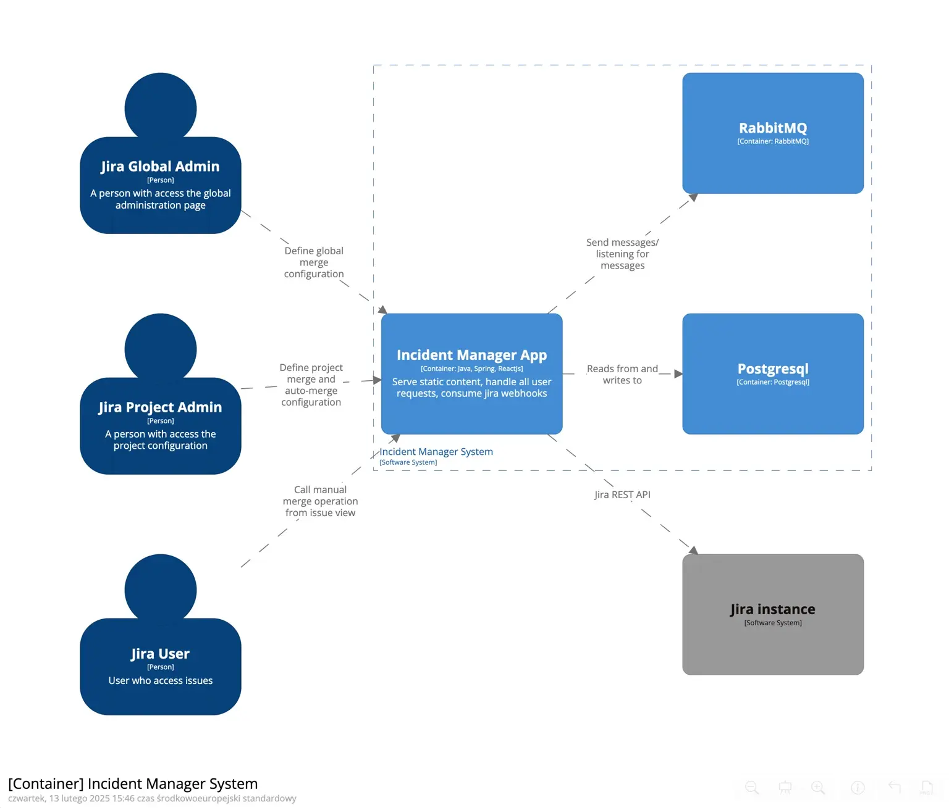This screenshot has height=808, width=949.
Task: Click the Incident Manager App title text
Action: click(x=471, y=355)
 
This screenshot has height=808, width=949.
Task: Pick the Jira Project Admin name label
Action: click(x=160, y=407)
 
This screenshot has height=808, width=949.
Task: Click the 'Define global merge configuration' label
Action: click(x=314, y=262)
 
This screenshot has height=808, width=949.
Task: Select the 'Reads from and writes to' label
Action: click(x=622, y=374)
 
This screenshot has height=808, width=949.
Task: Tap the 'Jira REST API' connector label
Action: click(x=622, y=494)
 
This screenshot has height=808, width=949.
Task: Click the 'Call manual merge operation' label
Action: click(x=320, y=501)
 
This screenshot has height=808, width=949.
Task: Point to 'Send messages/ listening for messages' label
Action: click(x=622, y=254)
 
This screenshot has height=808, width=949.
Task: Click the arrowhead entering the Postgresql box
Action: click(x=678, y=373)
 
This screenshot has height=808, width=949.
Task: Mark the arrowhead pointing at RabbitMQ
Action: click(x=693, y=198)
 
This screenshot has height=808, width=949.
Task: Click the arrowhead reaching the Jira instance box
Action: click(x=693, y=550)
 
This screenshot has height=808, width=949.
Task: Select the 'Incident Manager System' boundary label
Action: click(x=436, y=452)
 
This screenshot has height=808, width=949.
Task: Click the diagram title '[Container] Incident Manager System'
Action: click(x=133, y=784)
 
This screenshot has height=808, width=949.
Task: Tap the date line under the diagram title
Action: click(x=152, y=798)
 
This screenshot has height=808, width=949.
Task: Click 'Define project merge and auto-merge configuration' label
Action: click(x=311, y=385)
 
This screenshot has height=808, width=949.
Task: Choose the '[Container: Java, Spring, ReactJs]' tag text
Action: click(x=471, y=369)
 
